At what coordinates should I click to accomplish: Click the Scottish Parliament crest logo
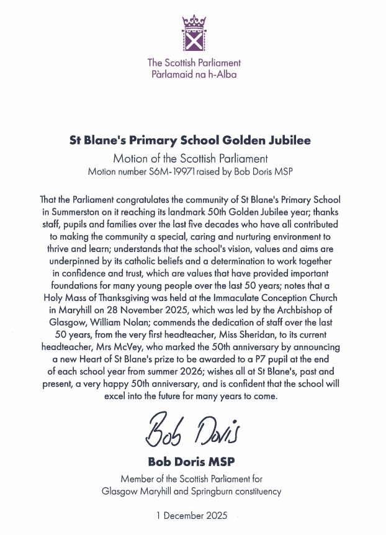194,34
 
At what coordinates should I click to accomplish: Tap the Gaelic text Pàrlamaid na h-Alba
193,74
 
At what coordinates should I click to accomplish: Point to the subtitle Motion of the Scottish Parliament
193,158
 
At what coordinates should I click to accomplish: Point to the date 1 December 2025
193,516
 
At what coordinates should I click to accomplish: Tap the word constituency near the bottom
259,492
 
